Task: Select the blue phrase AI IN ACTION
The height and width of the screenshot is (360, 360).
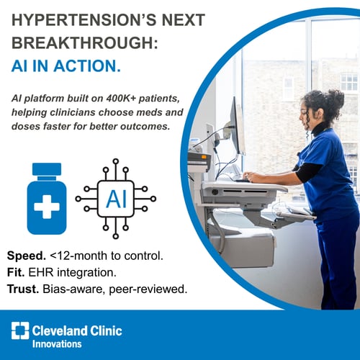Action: coord(66,66)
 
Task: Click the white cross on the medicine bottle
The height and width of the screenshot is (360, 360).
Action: coord(47,207)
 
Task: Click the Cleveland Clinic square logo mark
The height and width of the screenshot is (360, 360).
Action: coord(20,331)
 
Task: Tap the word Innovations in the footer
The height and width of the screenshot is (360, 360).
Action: coord(57,343)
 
